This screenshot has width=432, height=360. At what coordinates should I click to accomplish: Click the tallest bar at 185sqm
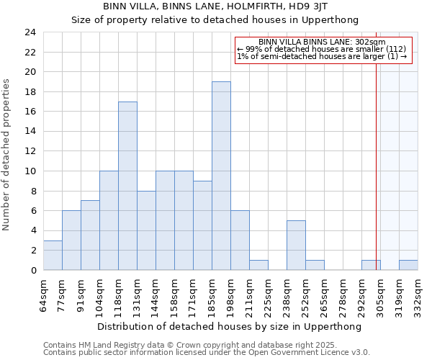221,176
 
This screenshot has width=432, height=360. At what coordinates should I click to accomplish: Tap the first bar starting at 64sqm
53,255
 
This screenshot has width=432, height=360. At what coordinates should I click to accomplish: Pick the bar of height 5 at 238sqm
296,245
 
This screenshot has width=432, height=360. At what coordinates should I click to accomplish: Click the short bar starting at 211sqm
258,265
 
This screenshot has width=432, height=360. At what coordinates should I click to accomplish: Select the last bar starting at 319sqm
408,265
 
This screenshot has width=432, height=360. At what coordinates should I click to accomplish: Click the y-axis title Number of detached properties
7,155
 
